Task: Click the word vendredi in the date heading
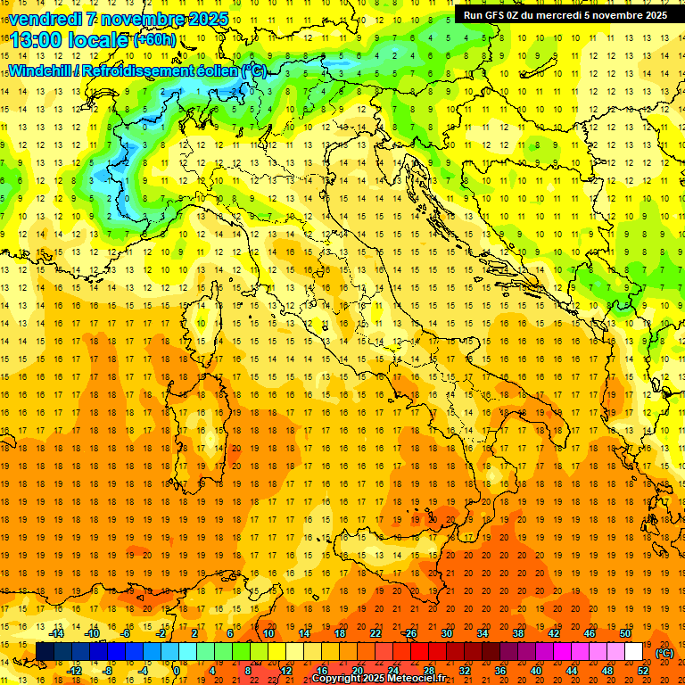coord(45,19)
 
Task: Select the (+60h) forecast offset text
coord(154,41)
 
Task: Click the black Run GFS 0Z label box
coord(565,15)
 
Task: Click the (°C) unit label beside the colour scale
coord(664,653)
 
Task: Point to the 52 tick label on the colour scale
coord(643,671)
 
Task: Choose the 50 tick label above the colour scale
coord(625,633)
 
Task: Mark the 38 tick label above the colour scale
coord(518,633)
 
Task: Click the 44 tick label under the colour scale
coord(572,671)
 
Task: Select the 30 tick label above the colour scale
coord(447,633)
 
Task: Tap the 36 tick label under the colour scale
coord(500,671)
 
